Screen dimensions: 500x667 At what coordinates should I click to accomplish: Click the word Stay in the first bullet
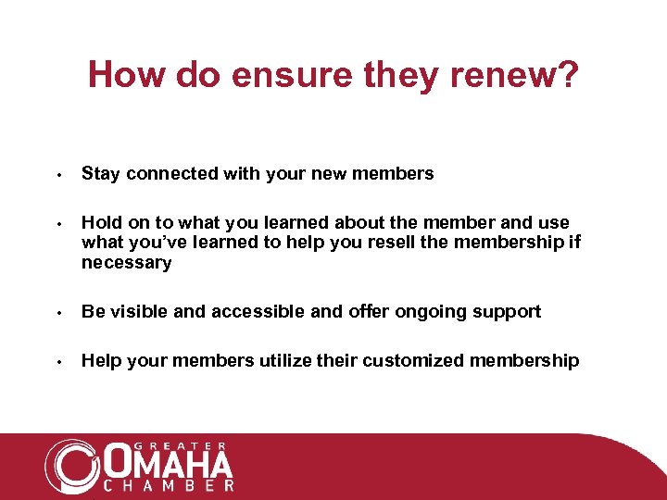(x=101, y=173)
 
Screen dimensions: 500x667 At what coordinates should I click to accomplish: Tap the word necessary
(x=126, y=263)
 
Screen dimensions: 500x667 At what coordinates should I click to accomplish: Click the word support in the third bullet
(x=508, y=311)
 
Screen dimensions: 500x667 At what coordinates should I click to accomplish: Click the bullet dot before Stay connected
(x=57, y=175)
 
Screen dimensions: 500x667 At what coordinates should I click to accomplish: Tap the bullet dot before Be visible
(x=57, y=313)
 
